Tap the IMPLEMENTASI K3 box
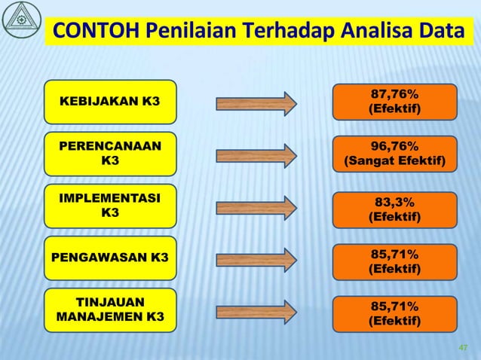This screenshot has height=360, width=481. click(109, 206)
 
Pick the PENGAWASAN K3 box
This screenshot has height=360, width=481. click(109, 258)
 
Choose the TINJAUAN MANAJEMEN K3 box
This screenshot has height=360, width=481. click(109, 310)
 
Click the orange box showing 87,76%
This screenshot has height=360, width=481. click(394, 102)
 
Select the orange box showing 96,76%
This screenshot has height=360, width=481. click(394, 154)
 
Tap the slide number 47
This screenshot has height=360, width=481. click(464, 347)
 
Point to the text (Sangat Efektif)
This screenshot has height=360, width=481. click(394, 162)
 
